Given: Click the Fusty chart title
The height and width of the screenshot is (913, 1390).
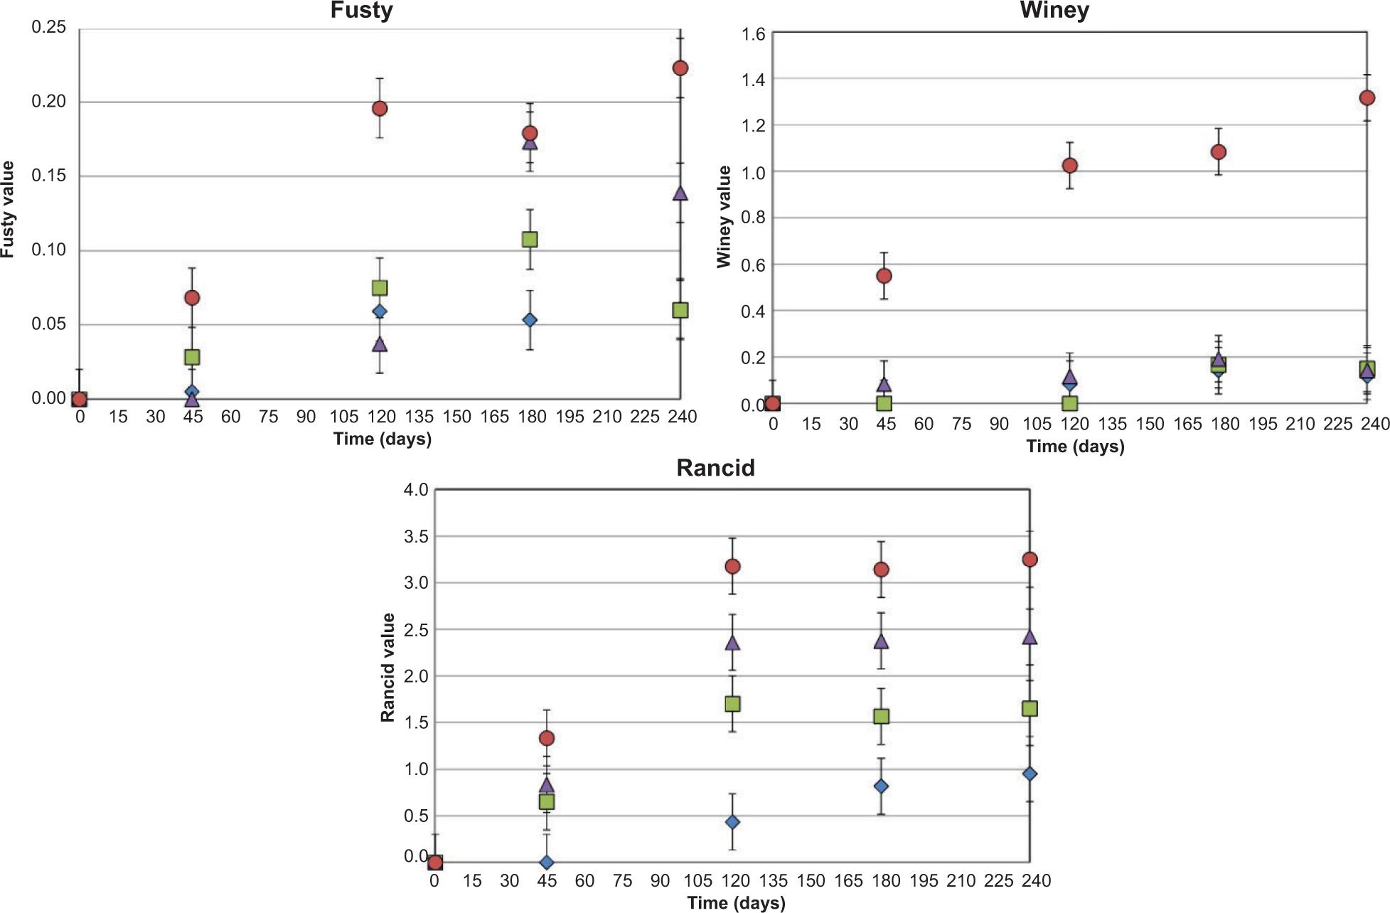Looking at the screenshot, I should tap(361, 11).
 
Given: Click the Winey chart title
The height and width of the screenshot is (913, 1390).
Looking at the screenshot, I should tap(1054, 11).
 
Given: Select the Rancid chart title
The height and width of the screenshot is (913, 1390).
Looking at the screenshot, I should tap(715, 468).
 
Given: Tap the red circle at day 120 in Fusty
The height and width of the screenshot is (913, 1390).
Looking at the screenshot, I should tap(380, 108).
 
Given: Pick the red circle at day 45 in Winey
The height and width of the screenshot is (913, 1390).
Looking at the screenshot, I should tap(884, 275).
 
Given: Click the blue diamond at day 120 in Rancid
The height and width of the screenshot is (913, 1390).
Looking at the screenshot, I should tap(732, 822).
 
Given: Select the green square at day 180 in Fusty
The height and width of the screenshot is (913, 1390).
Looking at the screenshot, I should tap(529, 239).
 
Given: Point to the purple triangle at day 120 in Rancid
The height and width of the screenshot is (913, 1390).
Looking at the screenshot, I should tap(732, 643).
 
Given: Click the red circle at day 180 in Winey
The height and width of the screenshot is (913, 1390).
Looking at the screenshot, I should tap(1218, 151).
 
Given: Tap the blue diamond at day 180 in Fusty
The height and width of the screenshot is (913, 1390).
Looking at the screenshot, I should tap(529, 320).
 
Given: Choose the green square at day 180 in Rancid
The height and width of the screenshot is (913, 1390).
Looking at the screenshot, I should tap(882, 716).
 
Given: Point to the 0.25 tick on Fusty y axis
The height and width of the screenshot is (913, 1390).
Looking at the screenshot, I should tap(48, 27).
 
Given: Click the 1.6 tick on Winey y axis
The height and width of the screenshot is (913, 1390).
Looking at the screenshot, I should tap(753, 33).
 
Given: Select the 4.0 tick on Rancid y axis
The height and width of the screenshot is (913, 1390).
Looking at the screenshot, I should tap(415, 490).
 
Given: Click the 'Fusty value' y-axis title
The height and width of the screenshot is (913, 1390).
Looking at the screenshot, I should tap(8, 209).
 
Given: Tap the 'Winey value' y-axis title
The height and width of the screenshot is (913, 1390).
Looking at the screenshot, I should tap(724, 217).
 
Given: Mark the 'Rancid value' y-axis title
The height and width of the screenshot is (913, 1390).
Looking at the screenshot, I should tap(387, 668).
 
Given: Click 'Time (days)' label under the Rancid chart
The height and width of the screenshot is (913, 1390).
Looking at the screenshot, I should tap(736, 903).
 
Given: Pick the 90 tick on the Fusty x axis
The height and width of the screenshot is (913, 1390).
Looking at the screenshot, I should tap(306, 417).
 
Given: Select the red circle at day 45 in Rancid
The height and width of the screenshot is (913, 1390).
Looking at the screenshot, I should tap(546, 738).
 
